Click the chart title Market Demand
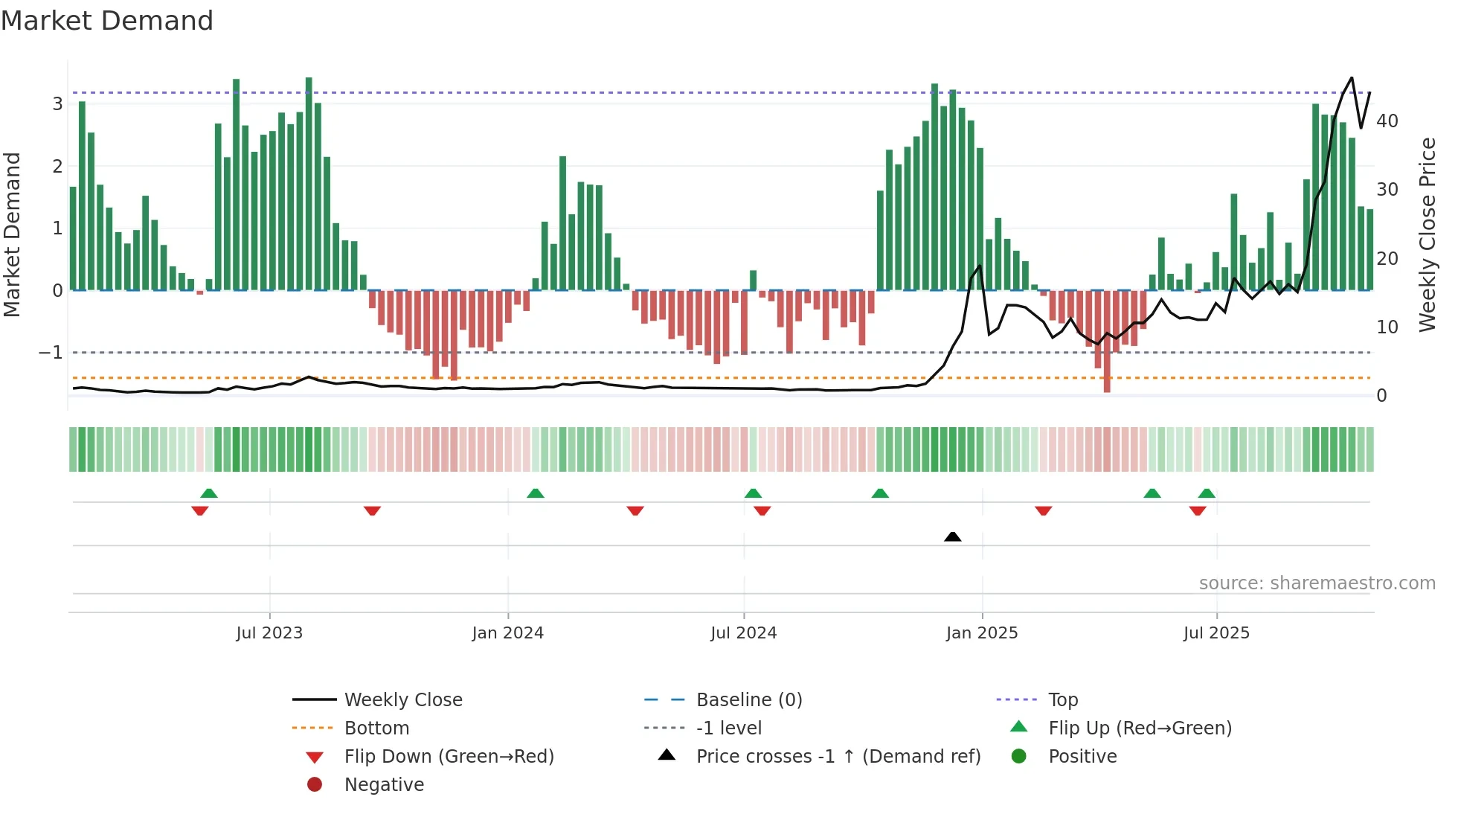click(107, 21)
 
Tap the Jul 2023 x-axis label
click(269, 633)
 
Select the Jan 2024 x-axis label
click(508, 633)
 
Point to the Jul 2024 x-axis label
click(744, 633)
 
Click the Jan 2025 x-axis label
click(982, 633)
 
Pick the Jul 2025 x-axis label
click(1217, 633)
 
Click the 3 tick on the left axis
click(57, 104)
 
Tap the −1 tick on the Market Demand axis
click(51, 353)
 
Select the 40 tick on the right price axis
click(1387, 121)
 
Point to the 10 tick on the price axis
click(1387, 327)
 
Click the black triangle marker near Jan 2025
click(953, 536)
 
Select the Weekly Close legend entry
click(402, 700)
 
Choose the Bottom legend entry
click(376, 728)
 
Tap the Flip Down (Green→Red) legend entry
click(449, 757)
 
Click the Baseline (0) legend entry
click(748, 700)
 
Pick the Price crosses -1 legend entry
click(838, 757)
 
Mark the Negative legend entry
click(384, 785)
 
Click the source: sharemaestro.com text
click(1317, 583)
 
